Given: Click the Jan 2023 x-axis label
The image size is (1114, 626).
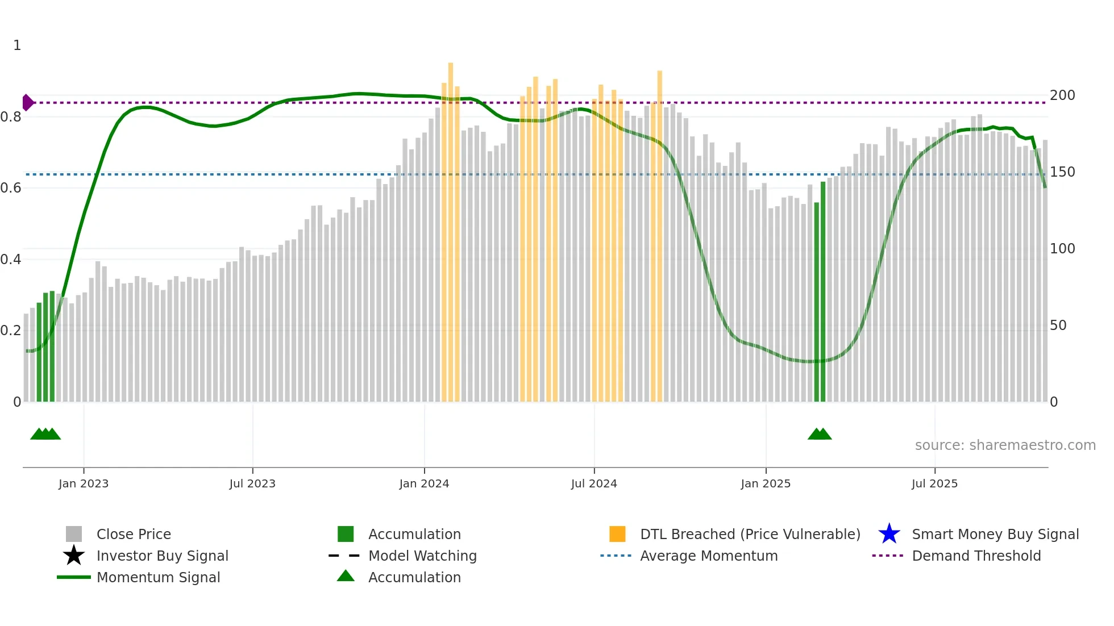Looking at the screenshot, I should (x=83, y=483).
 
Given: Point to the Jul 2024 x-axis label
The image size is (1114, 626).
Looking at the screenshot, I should (x=593, y=483).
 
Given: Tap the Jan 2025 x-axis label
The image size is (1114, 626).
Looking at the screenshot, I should (x=765, y=483).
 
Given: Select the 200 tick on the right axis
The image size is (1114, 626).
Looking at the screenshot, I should (x=1062, y=95).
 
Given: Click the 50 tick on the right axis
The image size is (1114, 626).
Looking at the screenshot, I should (x=1058, y=325).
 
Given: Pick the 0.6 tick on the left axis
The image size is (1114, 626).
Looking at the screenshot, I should (x=11, y=188).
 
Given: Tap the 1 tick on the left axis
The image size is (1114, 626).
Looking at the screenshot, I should (x=17, y=45).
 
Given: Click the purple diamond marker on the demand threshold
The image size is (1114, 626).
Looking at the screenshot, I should (x=27, y=103).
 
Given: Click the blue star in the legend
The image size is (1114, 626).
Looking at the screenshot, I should (x=889, y=534).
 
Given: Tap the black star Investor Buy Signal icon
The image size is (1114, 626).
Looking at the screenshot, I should (x=74, y=556).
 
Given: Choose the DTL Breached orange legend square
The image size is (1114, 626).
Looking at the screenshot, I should (x=617, y=534).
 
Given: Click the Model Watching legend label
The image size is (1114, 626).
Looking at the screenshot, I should (x=422, y=556).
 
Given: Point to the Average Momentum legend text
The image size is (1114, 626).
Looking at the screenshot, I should (x=709, y=556).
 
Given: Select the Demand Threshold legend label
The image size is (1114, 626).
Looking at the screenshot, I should (x=976, y=556).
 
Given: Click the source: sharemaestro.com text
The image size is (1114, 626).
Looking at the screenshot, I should (x=1005, y=445).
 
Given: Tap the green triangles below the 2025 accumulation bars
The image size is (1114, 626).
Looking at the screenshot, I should (x=820, y=435).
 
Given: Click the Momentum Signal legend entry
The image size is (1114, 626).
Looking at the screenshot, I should (x=158, y=577).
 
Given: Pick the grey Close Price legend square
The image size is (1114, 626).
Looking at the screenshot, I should (x=74, y=534).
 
